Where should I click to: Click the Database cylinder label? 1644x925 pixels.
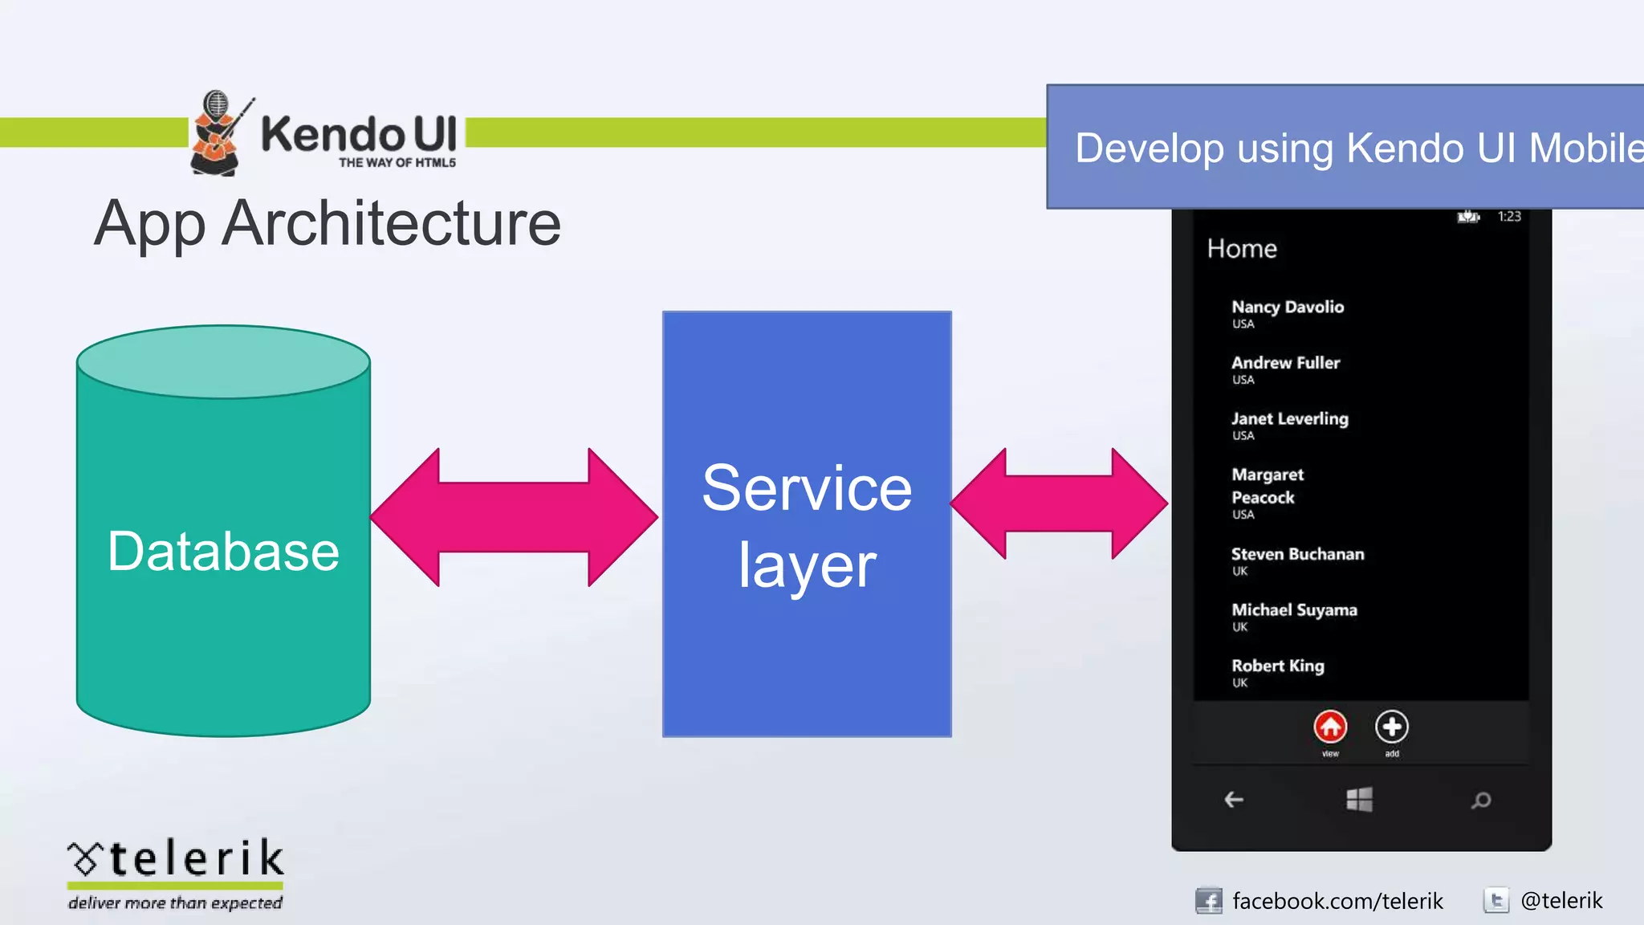click(223, 552)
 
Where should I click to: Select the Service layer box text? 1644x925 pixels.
click(807, 526)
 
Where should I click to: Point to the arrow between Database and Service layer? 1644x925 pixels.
click(514, 517)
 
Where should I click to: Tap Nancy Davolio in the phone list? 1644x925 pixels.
click(1287, 308)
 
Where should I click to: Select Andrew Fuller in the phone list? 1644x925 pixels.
click(1285, 363)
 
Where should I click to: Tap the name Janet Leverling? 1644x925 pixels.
click(1289, 419)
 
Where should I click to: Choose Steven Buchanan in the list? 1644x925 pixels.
click(1297, 555)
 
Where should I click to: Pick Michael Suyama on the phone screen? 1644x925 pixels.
click(1294, 610)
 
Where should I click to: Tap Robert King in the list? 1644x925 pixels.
click(1277, 666)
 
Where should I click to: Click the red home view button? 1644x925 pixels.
click(1330, 727)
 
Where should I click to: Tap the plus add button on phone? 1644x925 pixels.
click(1391, 727)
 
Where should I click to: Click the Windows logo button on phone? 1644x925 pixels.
click(1359, 800)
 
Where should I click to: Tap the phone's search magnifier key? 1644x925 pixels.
click(1481, 801)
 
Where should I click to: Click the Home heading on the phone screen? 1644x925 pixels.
click(1242, 249)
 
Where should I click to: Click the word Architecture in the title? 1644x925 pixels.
click(391, 223)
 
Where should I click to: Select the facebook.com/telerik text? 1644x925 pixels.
click(1337, 901)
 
